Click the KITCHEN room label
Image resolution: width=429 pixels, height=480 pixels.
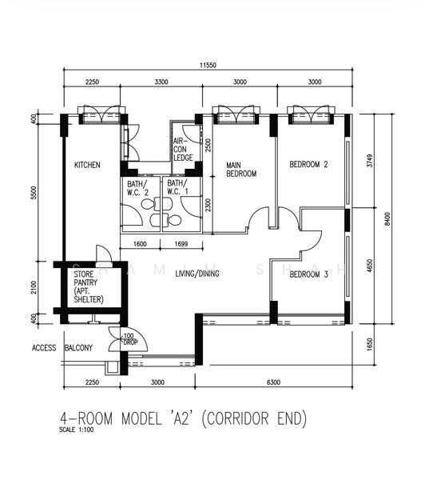click(x=87, y=165)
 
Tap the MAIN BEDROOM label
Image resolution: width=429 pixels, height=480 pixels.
click(x=241, y=170)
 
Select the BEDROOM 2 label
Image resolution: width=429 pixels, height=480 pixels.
click(x=308, y=164)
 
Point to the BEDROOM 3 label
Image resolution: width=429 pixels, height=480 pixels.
click(x=308, y=274)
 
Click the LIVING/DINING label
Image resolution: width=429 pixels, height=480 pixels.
click(x=197, y=274)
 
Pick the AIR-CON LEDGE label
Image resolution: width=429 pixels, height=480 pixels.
click(x=183, y=150)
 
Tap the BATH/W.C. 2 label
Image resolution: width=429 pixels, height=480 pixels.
click(x=138, y=188)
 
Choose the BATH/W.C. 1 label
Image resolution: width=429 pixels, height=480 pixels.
click(x=178, y=187)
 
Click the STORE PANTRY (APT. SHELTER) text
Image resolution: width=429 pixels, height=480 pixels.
click(x=89, y=286)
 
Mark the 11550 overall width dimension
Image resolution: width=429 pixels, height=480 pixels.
click(x=208, y=66)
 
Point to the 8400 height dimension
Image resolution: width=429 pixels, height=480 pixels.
click(x=387, y=219)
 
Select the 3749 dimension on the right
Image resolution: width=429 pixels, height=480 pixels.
click(x=370, y=161)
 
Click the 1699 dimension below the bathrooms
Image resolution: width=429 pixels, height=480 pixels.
click(x=181, y=244)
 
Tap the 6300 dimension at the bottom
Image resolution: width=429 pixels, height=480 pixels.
click(x=273, y=382)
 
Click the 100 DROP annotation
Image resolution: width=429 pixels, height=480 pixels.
click(x=130, y=339)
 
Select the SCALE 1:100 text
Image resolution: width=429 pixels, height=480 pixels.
click(x=77, y=430)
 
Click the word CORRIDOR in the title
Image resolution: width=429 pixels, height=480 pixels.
click(x=235, y=418)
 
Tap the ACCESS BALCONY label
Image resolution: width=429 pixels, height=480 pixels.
click(x=62, y=348)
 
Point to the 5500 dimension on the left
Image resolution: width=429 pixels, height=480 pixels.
click(x=34, y=193)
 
